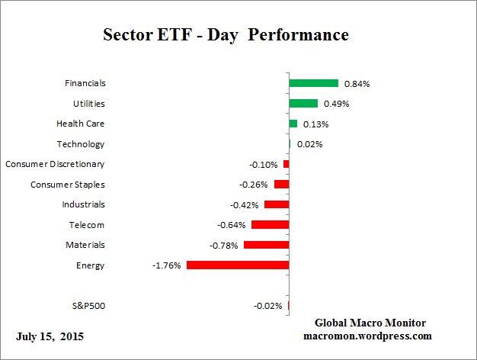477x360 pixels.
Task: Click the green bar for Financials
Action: point(313,83)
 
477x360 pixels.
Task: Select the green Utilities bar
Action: point(303,103)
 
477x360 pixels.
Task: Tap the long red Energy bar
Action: point(238,265)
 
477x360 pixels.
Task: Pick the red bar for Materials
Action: point(266,245)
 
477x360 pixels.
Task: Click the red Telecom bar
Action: point(270,224)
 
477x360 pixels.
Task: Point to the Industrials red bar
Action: point(277,204)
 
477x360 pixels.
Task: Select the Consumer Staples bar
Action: point(281,184)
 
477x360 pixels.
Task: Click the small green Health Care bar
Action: point(293,124)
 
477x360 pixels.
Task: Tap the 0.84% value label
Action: point(357,83)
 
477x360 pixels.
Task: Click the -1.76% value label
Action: point(167,265)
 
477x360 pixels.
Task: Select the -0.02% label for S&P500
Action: point(268,306)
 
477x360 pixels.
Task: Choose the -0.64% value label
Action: point(232,225)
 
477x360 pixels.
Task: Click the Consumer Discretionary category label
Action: point(55,164)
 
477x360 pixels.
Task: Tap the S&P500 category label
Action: point(87,306)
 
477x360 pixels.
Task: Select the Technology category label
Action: point(81,144)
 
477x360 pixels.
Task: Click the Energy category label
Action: point(91,265)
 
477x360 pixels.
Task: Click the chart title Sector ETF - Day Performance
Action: point(225,35)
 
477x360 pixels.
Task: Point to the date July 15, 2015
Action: point(50,336)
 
